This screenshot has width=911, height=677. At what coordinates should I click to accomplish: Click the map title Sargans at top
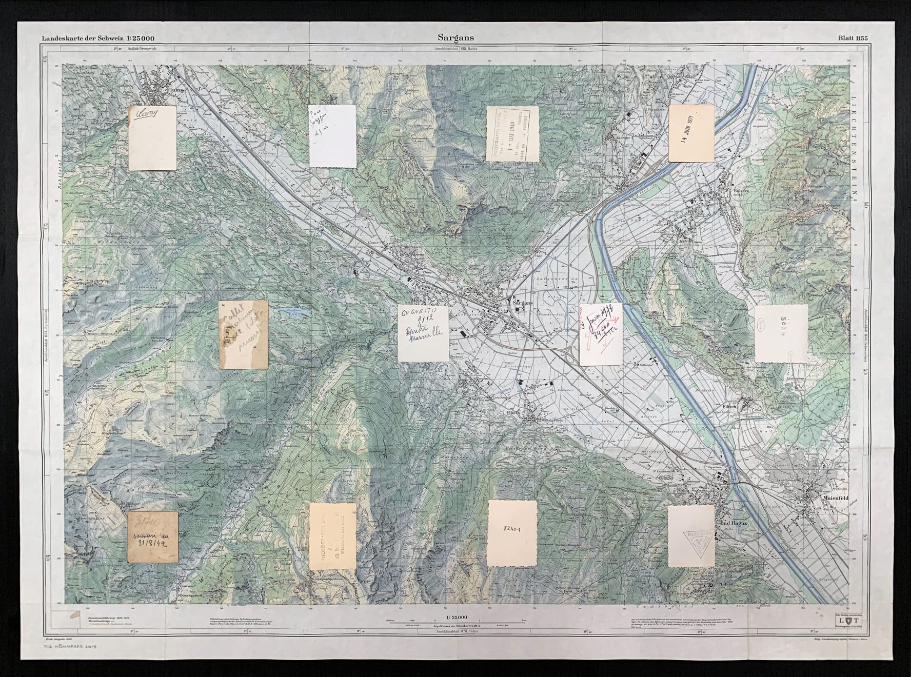(456, 37)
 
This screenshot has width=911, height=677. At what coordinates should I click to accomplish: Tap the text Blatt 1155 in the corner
(853, 37)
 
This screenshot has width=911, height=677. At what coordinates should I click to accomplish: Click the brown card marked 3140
(153, 536)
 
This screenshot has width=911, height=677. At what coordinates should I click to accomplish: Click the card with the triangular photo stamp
(691, 535)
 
